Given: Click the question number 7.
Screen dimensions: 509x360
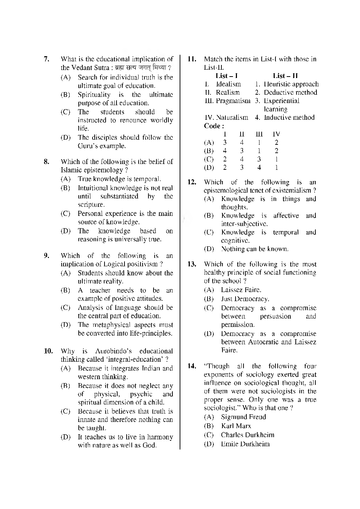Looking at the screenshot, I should pyautogui.click(x=46, y=59).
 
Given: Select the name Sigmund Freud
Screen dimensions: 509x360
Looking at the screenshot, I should pyautogui.click(x=243, y=417).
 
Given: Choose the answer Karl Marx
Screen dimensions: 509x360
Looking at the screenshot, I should pyautogui.click(x=236, y=426).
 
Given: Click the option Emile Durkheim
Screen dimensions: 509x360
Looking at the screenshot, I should pyautogui.click(x=245, y=444).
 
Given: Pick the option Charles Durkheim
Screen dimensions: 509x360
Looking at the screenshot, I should pyautogui.click(x=247, y=435).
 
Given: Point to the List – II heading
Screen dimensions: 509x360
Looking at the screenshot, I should pyautogui.click(x=285, y=76).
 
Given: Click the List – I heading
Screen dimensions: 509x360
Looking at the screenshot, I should pyautogui.click(x=226, y=76).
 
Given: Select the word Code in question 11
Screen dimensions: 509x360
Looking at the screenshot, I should pyautogui.click(x=213, y=126).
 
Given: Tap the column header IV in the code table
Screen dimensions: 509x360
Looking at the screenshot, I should pyautogui.click(x=276, y=134).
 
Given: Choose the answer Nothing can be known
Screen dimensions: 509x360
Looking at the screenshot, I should pyautogui.click(x=255, y=249).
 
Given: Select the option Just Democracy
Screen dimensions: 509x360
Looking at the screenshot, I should pyautogui.click(x=245, y=299).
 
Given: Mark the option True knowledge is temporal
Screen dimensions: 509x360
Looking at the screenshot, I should pyautogui.click(x=119, y=179).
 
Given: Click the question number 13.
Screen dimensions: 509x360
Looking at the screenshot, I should pyautogui.click(x=192, y=264).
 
